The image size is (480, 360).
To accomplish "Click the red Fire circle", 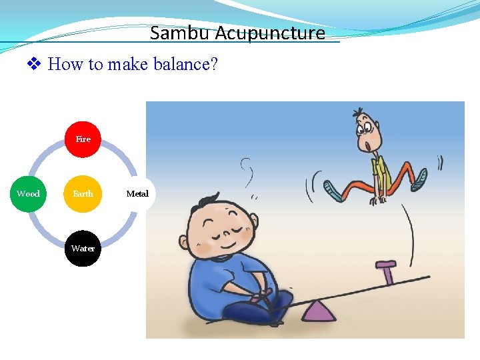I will [x=83, y=139].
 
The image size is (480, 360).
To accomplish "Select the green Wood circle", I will [x=28, y=194].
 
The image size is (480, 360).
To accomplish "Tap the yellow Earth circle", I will [x=83, y=194].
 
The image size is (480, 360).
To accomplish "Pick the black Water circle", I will [x=83, y=249].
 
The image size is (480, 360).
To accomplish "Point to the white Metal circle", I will [x=137, y=194].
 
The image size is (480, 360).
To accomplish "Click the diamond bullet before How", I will [x=34, y=65].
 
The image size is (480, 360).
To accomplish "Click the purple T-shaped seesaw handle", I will [x=386, y=270].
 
